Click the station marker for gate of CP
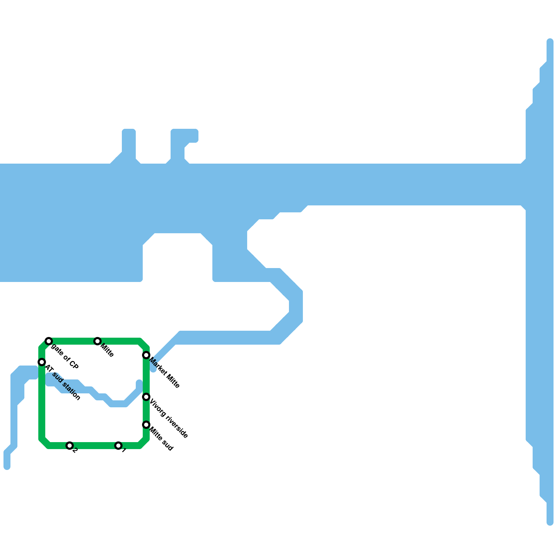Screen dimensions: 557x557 (x=49, y=341)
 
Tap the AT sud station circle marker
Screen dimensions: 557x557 (x=42, y=362)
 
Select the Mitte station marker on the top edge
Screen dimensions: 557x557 (x=97, y=341)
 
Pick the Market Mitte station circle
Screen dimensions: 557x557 (x=146, y=355)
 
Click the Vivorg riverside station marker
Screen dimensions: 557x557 (x=146, y=397)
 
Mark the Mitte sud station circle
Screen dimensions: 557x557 (x=146, y=425)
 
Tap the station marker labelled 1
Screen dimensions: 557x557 (x=118, y=446)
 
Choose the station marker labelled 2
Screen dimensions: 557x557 (x=70, y=446)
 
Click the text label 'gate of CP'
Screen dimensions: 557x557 (x=65, y=356)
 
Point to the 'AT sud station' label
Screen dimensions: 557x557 (x=63, y=383)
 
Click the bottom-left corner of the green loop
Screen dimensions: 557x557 (x=44, y=443)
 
